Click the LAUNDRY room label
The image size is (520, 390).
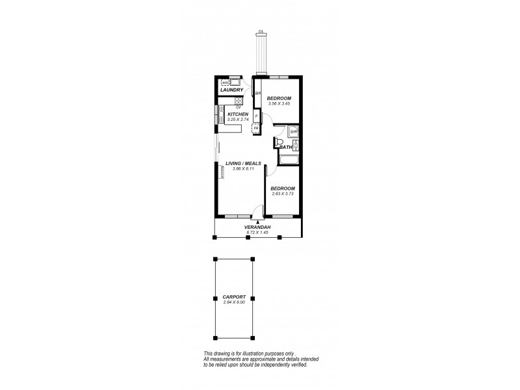coord(231,90)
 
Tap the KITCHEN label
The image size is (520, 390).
coord(238,114)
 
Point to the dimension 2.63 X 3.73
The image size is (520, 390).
coord(282,194)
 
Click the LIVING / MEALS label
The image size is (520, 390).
coord(243,163)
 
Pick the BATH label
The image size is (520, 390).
coord(285,148)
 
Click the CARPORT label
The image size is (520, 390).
coord(234,297)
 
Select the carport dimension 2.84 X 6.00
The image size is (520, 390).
coord(234,303)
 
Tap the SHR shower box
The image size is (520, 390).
coord(293,132)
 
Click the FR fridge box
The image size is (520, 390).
coord(256,129)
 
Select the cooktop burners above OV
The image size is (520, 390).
coord(239,101)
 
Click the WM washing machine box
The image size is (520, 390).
coord(226,83)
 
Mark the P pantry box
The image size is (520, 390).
coord(256,117)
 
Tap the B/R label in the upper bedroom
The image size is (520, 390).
coord(257,94)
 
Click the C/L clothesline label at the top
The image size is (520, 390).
coord(261,31)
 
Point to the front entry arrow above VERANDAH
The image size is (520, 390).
coord(257,222)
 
